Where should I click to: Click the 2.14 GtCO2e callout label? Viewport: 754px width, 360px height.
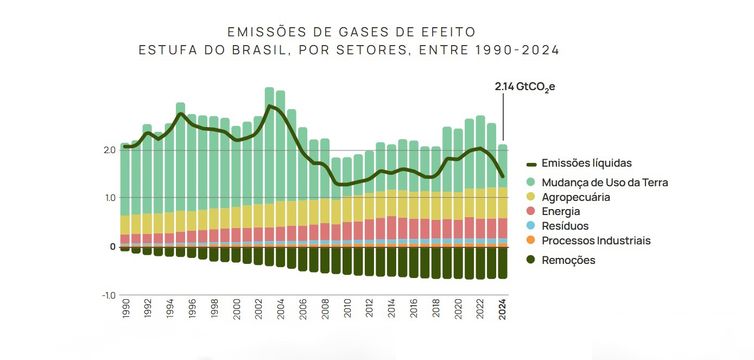tap(524, 87)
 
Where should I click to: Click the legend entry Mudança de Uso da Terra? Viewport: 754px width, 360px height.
tap(611, 182)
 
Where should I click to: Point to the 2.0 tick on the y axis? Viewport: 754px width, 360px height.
tap(109, 150)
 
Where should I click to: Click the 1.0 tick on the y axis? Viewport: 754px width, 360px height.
tap(109, 198)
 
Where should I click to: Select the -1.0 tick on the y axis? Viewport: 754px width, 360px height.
tap(107, 295)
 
